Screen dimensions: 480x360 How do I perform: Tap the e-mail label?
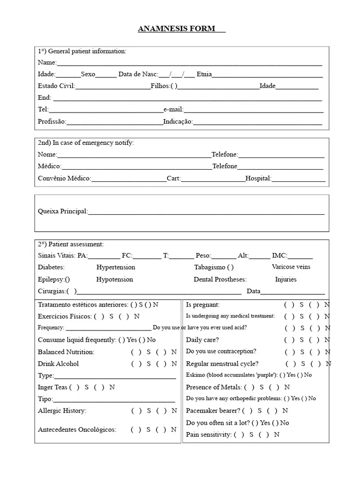173,109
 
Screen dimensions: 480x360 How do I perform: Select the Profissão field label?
52,121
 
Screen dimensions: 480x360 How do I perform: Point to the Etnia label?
204,74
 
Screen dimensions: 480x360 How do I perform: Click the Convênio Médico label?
64,178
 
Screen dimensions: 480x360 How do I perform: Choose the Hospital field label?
258,178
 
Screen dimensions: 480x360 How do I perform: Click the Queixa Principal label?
62,211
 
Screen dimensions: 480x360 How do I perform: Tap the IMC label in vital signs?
279,255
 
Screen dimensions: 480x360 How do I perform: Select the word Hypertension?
116,267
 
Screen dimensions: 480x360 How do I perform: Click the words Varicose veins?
291,267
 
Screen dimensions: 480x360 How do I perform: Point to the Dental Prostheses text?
220,279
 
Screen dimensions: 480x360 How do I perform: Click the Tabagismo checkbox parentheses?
230,267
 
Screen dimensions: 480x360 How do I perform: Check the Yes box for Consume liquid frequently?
122,340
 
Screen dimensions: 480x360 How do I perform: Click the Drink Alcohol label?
58,364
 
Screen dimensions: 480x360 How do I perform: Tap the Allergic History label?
62,411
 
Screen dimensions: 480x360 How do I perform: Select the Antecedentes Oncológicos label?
77,429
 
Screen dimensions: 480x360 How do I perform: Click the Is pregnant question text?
203,305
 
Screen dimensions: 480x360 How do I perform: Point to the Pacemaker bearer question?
213,411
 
